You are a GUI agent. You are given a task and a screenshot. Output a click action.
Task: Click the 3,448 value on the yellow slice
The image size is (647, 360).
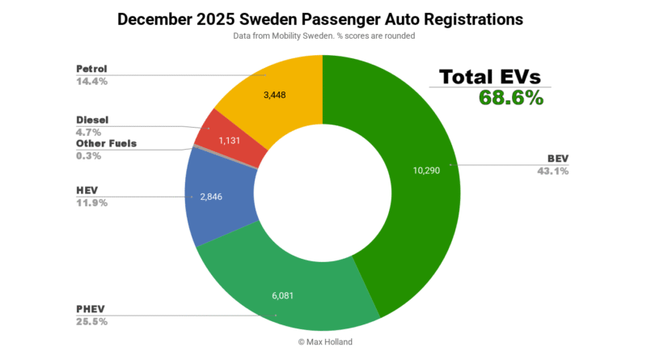280,95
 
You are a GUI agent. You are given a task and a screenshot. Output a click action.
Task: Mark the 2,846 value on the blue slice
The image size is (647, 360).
210,197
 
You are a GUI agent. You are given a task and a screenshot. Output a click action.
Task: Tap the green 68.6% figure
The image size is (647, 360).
510,98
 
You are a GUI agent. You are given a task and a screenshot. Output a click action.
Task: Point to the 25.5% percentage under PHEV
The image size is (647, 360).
92,321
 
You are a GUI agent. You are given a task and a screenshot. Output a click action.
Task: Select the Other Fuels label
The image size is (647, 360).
106,143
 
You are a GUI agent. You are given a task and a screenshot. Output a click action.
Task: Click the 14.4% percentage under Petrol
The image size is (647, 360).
92,82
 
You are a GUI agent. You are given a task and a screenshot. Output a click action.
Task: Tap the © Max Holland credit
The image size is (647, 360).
323,342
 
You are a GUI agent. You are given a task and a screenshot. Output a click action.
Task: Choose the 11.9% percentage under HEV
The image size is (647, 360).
91,202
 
